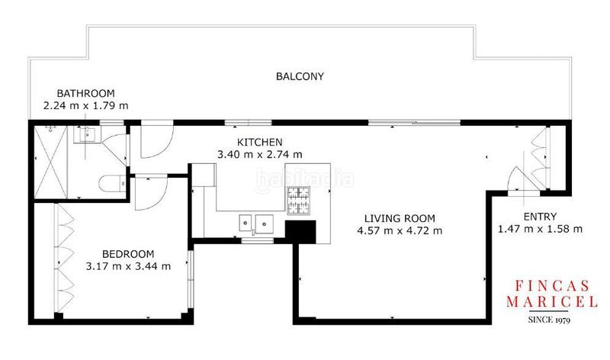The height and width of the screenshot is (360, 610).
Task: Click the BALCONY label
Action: tap(300, 76)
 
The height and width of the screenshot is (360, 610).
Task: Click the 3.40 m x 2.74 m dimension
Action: tap(260, 154)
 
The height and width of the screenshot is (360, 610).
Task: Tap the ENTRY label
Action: tap(541, 216)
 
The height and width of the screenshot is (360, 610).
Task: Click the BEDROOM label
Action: tap(129, 253)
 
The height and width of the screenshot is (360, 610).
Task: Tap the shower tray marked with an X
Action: tap(53, 164)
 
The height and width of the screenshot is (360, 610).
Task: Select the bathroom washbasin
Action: tap(84, 136)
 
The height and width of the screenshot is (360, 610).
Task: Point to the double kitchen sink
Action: tap(255, 223)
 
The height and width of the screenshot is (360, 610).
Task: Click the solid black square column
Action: tap(300, 230)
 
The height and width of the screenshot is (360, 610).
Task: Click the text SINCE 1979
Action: tap(549, 320)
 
